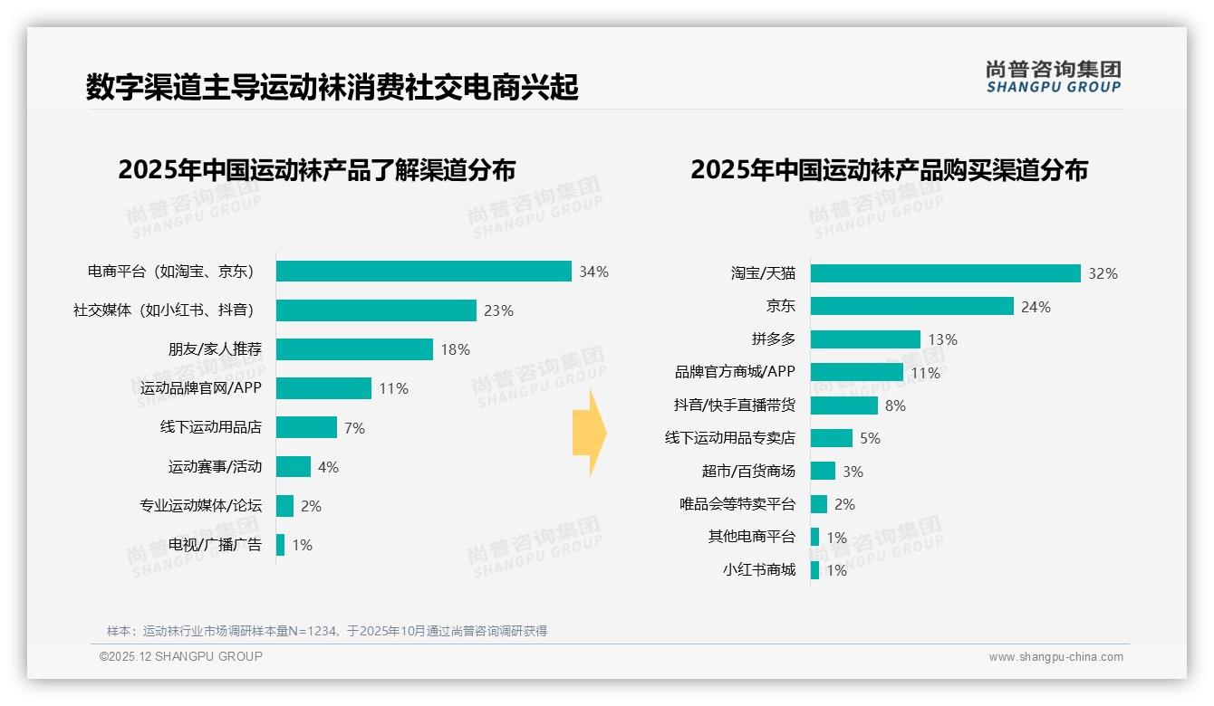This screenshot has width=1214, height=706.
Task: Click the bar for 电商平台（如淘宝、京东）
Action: tap(423, 272)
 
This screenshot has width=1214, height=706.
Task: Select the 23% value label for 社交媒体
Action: tap(498, 310)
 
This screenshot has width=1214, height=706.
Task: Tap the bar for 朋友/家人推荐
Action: tap(354, 349)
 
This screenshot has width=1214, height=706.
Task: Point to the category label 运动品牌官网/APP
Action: tap(201, 388)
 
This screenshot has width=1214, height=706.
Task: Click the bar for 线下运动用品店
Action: tap(306, 427)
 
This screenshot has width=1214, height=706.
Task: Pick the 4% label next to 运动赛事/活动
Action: tap(328, 467)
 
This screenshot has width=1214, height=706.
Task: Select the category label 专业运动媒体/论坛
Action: tap(200, 505)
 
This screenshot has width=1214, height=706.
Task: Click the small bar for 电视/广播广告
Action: tap(280, 545)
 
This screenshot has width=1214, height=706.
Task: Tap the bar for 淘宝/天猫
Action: tap(945, 273)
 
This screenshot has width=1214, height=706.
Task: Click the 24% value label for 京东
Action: tap(1036, 307)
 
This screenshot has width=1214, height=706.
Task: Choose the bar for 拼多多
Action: tap(865, 339)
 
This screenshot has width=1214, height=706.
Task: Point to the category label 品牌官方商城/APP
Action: tap(735, 372)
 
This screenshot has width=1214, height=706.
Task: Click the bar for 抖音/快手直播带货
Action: tap(843, 405)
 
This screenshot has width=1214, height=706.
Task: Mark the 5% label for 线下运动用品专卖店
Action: tap(870, 438)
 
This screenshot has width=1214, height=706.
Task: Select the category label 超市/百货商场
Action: tap(748, 471)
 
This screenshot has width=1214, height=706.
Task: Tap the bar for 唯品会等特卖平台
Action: tap(818, 504)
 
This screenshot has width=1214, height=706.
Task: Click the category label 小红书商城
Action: tap(759, 569)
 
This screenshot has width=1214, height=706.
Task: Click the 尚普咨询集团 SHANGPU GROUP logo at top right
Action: tap(1053, 76)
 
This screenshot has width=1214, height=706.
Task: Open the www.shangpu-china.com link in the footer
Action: tap(1055, 657)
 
